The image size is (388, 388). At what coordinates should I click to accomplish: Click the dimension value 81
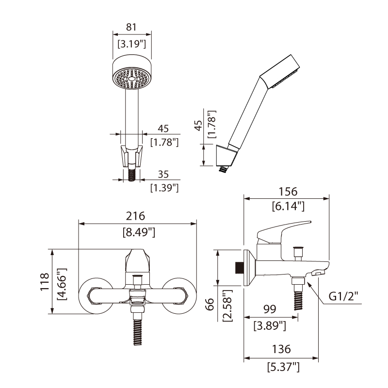click(132, 27)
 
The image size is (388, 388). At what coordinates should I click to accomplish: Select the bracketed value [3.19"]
click(132, 45)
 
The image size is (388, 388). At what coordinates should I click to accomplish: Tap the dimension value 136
click(281, 349)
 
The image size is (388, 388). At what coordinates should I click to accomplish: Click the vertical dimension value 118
click(44, 282)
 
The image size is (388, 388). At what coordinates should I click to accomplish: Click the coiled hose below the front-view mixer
click(138, 332)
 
